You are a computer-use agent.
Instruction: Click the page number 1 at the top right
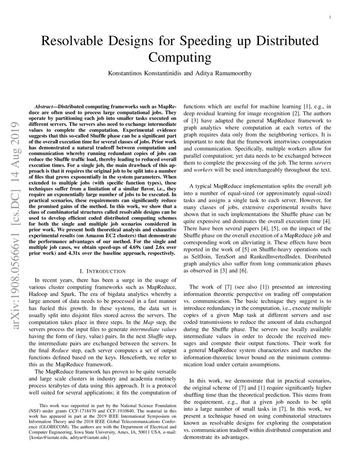click(330, 17)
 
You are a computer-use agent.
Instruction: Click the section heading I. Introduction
click(102, 271)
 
